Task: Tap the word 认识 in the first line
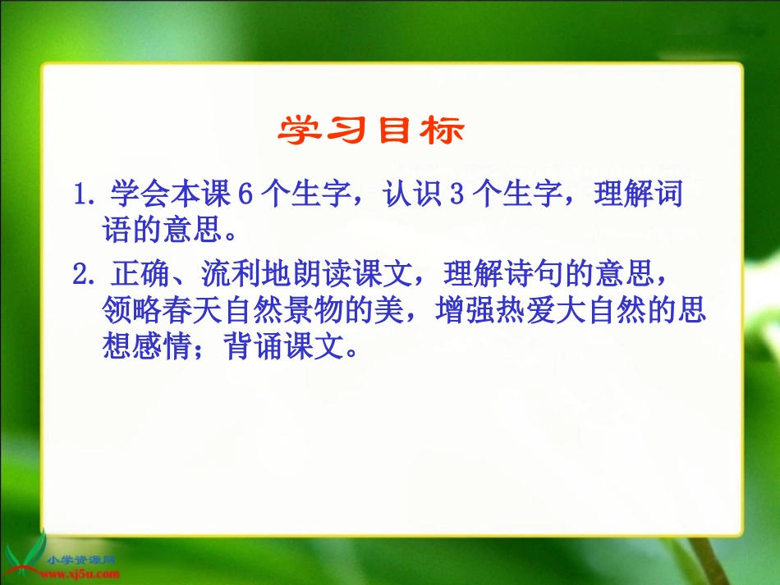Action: [406, 197]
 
